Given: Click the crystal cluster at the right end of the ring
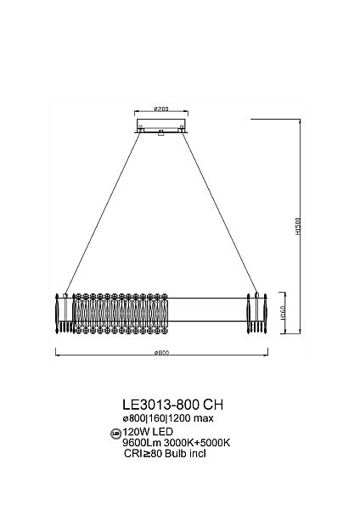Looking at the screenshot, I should pos(256,313).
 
